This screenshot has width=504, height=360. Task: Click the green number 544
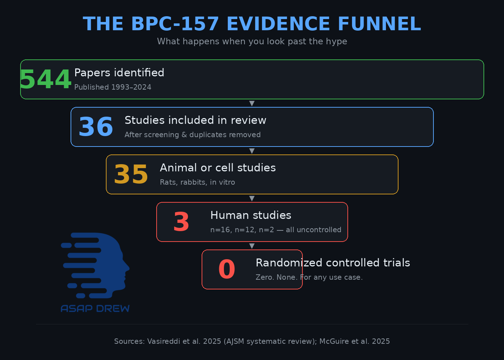[x=45, y=80]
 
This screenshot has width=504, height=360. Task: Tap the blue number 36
[x=96, y=127]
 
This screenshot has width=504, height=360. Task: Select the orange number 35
[x=131, y=175]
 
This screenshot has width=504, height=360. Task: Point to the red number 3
[x=181, y=222]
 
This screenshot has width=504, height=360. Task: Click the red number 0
[x=227, y=270]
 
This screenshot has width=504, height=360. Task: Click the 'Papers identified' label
[x=119, y=73]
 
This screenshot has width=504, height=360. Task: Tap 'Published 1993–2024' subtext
[x=113, y=87]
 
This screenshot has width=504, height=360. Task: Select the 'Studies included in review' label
[x=195, y=120]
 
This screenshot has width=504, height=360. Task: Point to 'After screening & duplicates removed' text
[x=193, y=135]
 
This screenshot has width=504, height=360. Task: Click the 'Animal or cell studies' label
[x=218, y=168]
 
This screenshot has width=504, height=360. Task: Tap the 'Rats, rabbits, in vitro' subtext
[x=197, y=182]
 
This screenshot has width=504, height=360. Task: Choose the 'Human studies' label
[x=251, y=215]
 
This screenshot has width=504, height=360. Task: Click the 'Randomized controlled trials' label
[x=333, y=263]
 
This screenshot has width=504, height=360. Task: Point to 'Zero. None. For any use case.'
[x=309, y=277]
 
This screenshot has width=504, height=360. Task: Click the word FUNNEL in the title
[x=379, y=24]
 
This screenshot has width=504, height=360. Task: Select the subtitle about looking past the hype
[x=252, y=41]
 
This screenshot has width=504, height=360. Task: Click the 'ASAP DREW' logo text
[x=95, y=309]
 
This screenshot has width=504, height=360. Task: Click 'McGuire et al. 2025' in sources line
[x=355, y=341]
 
